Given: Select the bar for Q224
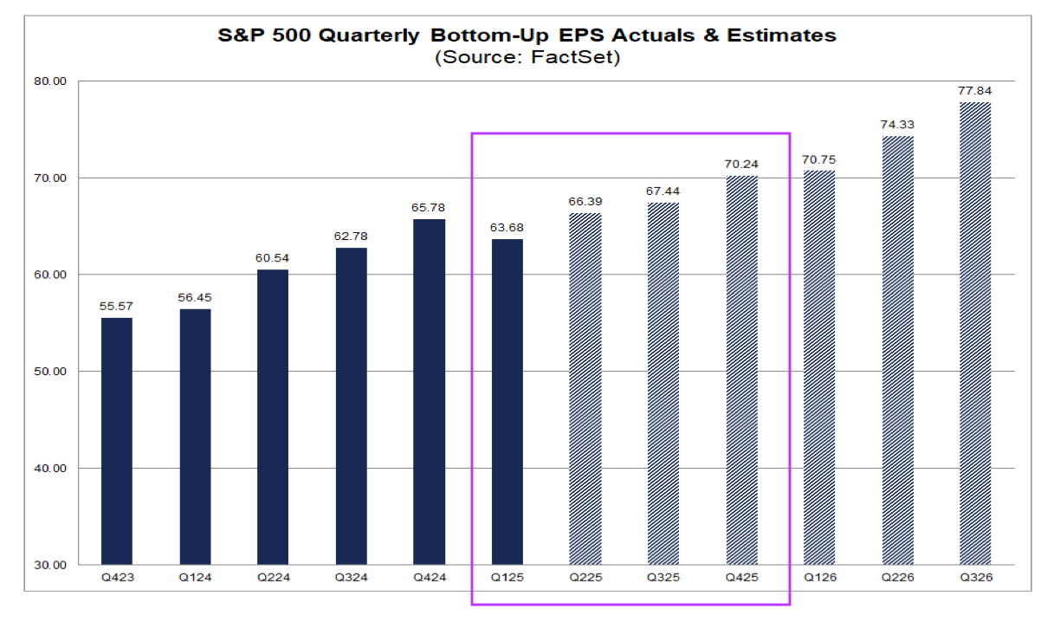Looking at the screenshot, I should [273, 417].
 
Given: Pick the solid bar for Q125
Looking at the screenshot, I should [507, 402].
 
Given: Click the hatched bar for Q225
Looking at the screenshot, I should [585, 389].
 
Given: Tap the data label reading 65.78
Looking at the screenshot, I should [429, 206].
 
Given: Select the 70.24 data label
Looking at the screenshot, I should [740, 163].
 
